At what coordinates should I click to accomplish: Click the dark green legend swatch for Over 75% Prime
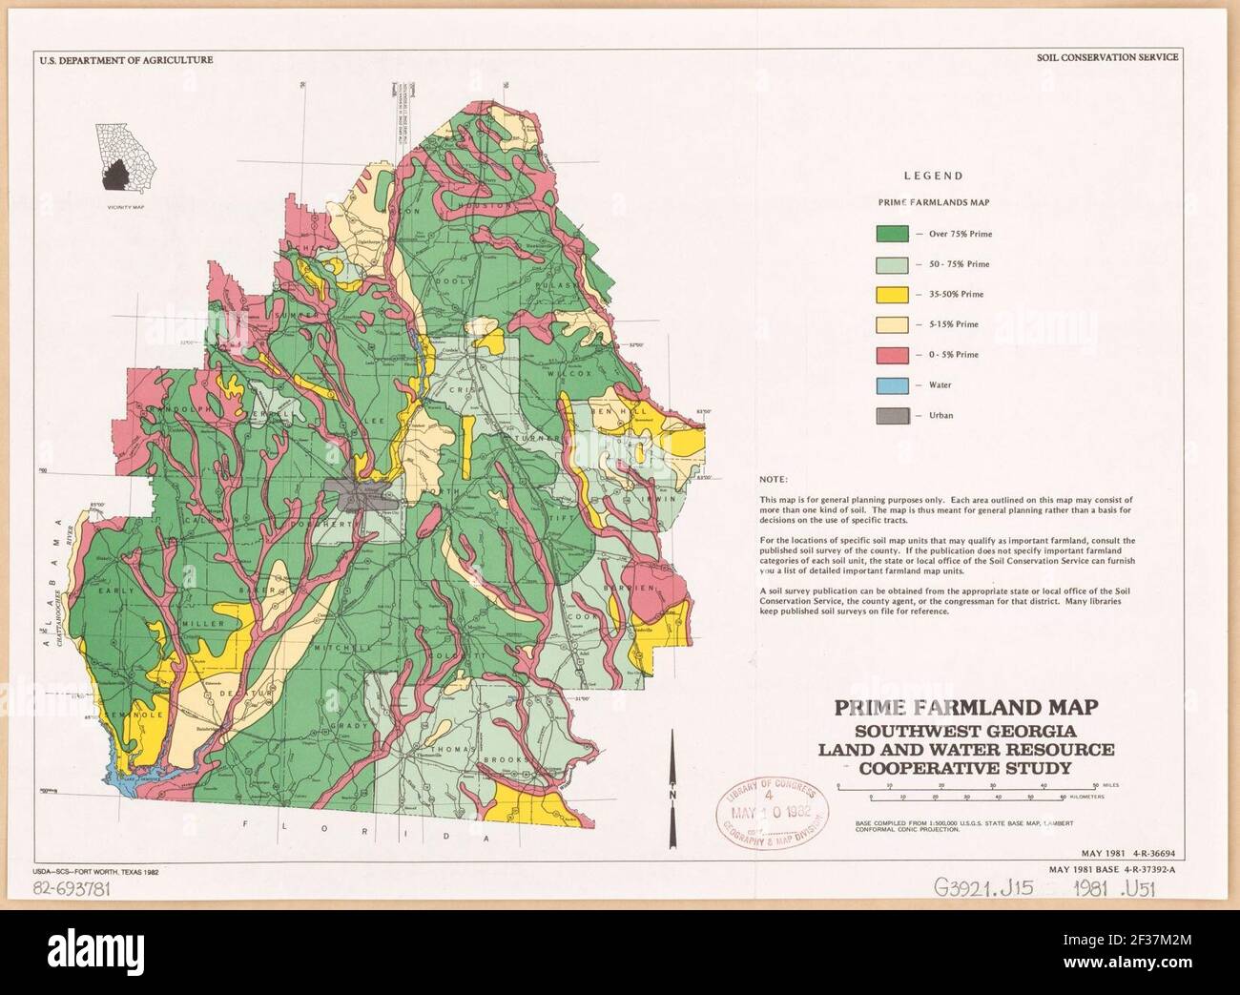[x=892, y=233]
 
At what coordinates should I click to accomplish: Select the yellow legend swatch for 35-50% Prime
[x=892, y=294]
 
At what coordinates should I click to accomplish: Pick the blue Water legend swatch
[x=892, y=384]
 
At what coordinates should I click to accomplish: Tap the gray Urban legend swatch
[x=892, y=415]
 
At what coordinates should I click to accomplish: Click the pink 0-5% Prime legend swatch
[x=892, y=354]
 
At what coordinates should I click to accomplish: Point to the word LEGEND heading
[x=932, y=176]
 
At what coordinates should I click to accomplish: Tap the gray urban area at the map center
[x=358, y=494]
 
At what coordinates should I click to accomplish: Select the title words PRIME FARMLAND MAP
[x=965, y=708]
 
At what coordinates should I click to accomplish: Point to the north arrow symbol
[x=673, y=782]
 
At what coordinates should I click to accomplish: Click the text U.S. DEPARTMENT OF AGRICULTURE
[x=126, y=59]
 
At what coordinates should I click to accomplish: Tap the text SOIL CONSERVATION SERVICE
[x=1107, y=57]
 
